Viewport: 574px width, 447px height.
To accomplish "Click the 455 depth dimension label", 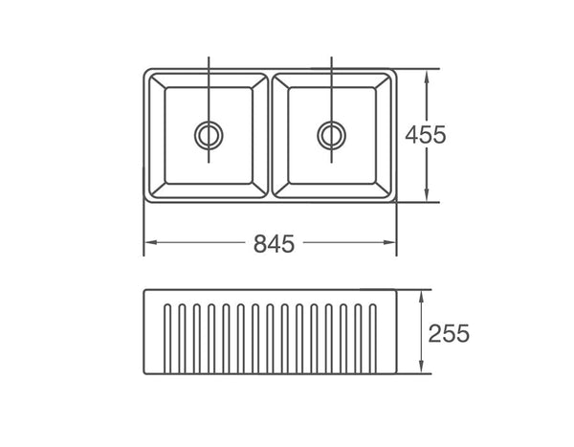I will (x=424, y=135).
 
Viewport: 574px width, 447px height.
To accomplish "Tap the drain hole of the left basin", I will (x=208, y=135).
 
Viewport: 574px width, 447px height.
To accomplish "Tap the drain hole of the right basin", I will (x=330, y=135).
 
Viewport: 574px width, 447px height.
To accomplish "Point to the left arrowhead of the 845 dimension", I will (x=147, y=244).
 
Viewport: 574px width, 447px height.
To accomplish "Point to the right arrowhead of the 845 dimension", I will (x=392, y=244).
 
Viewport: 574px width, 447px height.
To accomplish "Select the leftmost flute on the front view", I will (x=169, y=341).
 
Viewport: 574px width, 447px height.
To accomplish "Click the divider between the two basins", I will (x=270, y=135).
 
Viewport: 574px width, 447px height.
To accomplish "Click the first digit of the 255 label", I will (x=435, y=334).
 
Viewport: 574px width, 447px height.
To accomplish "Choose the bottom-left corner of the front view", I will (x=144, y=379).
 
